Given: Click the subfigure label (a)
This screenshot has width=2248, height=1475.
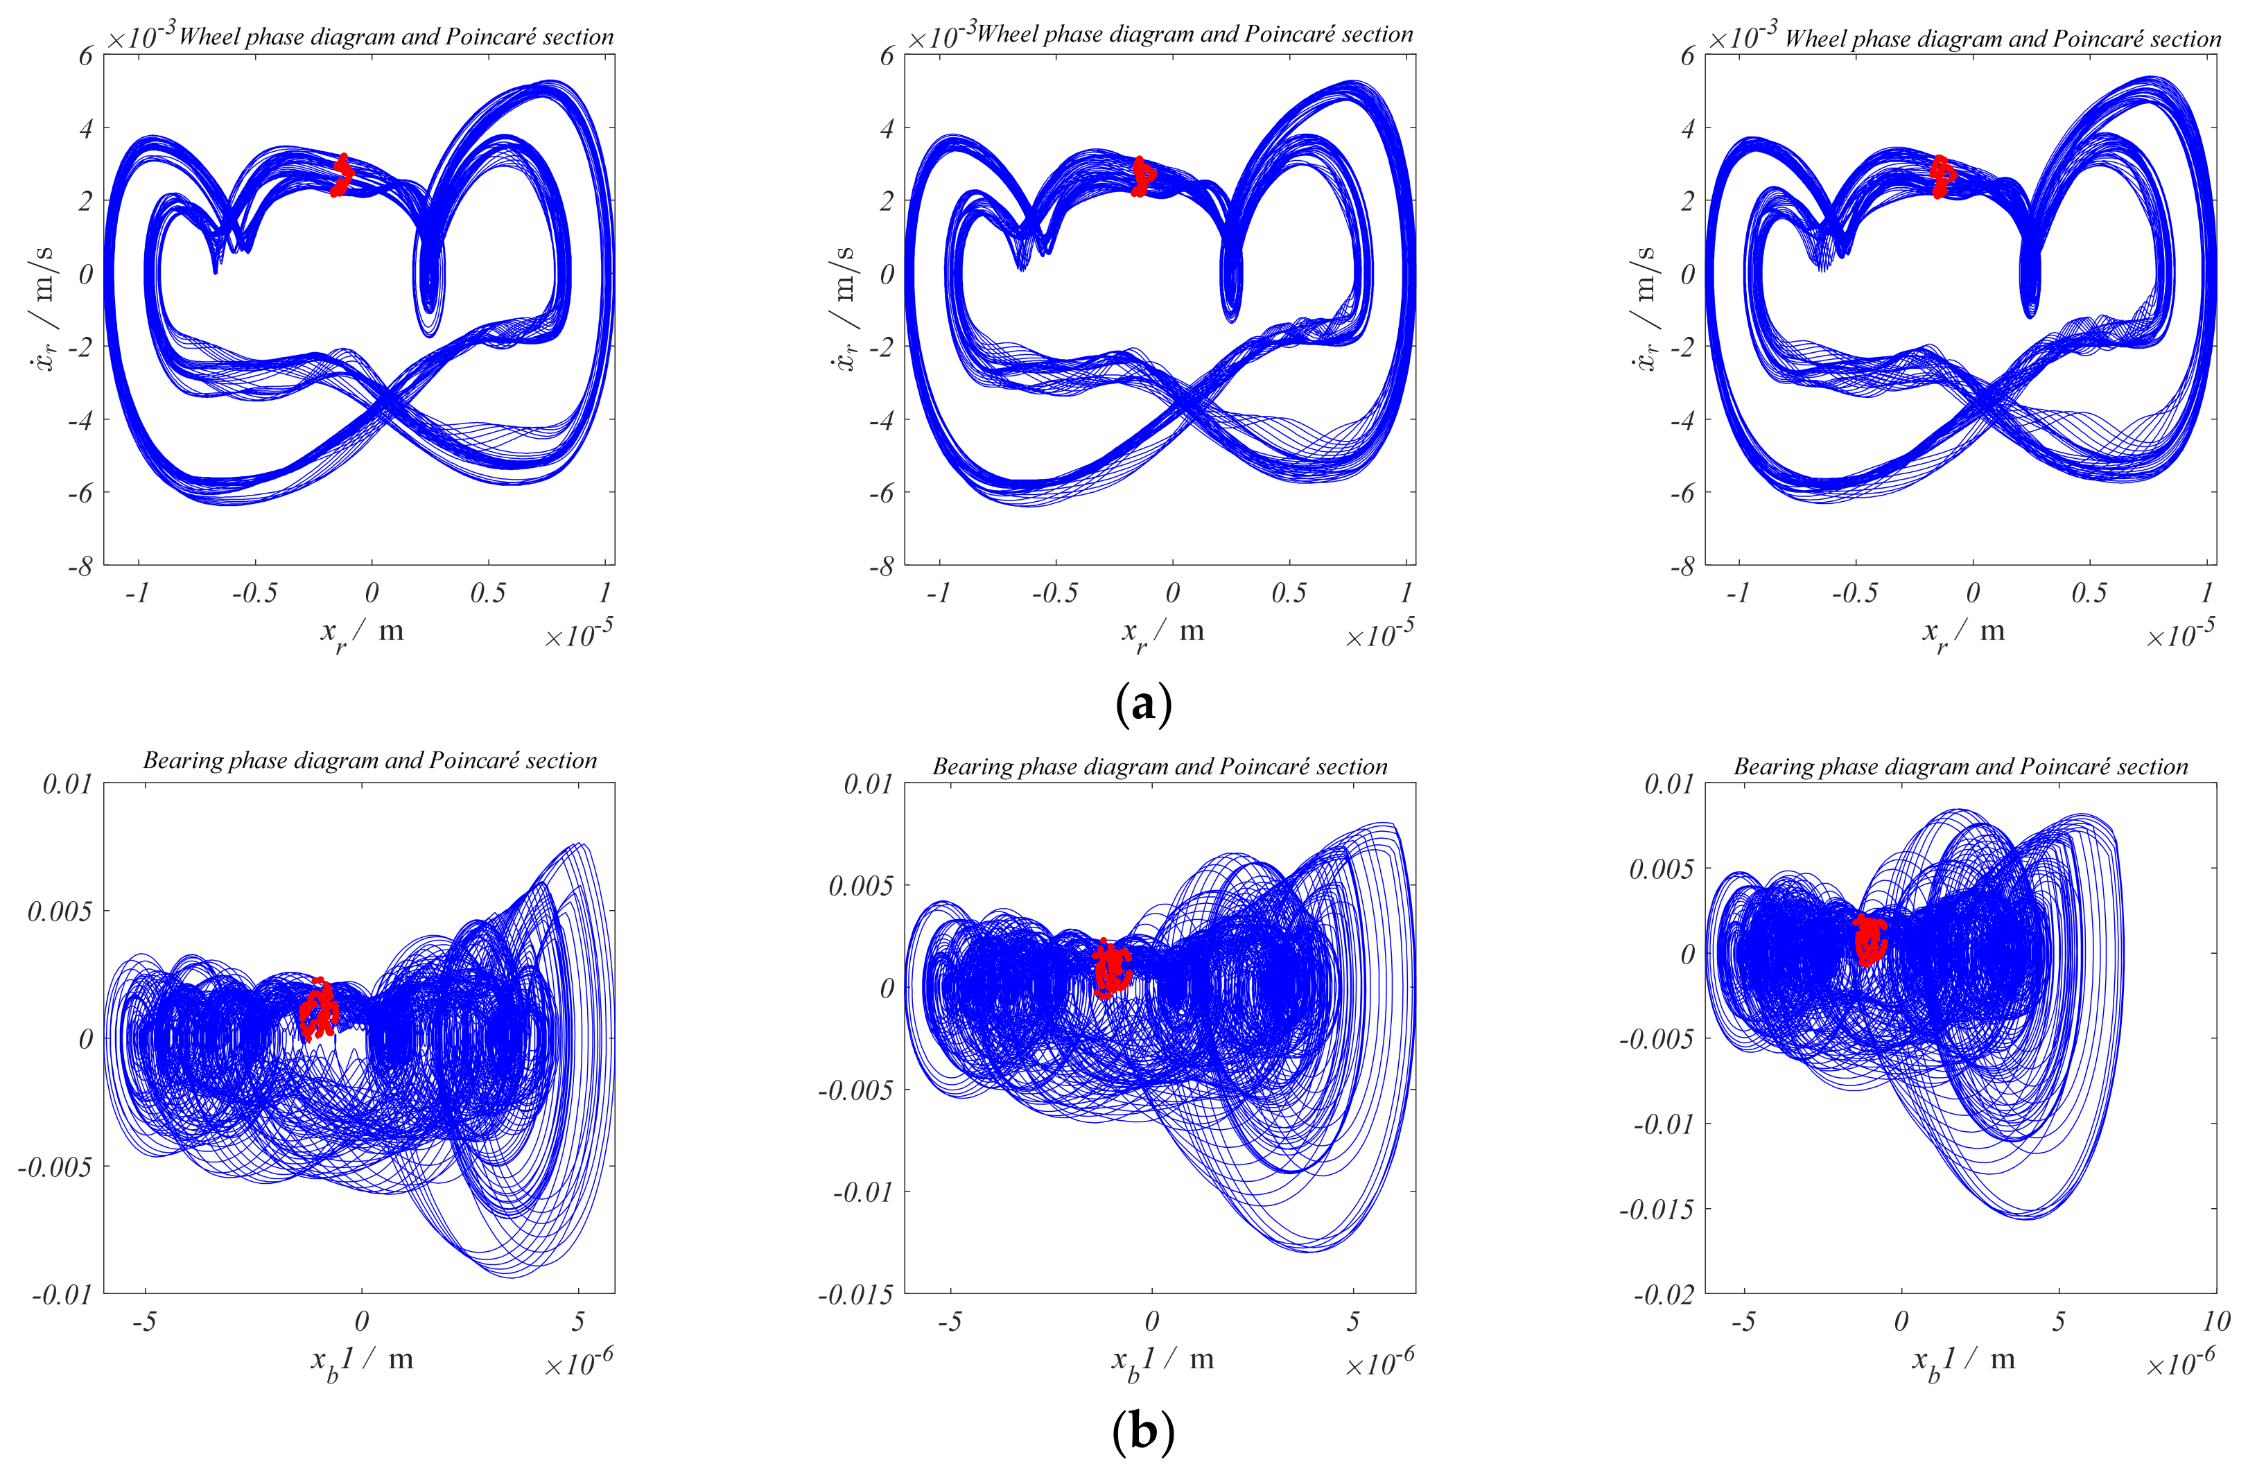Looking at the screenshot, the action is pyautogui.click(x=1143, y=704).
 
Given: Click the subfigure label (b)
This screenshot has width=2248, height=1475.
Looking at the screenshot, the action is pyautogui.click(x=1143, y=1431).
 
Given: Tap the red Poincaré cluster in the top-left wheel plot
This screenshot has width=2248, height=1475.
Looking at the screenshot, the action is pyautogui.click(x=341, y=175).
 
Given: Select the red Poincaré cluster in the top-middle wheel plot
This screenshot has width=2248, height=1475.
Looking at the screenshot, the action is pyautogui.click(x=1143, y=177).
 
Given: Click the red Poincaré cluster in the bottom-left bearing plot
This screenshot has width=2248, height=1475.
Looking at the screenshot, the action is pyautogui.click(x=320, y=1009).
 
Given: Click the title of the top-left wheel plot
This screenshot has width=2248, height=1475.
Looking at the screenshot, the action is pyautogui.click(x=396, y=37).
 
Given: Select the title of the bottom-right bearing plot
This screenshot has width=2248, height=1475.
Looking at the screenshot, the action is pyautogui.click(x=1961, y=766).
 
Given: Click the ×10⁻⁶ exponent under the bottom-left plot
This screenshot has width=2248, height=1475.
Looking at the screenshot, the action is pyautogui.click(x=579, y=1363).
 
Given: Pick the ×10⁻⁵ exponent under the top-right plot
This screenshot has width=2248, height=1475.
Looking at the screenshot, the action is pyautogui.click(x=2181, y=634).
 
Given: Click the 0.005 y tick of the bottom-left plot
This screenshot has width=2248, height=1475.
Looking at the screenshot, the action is pyautogui.click(x=60, y=911).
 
